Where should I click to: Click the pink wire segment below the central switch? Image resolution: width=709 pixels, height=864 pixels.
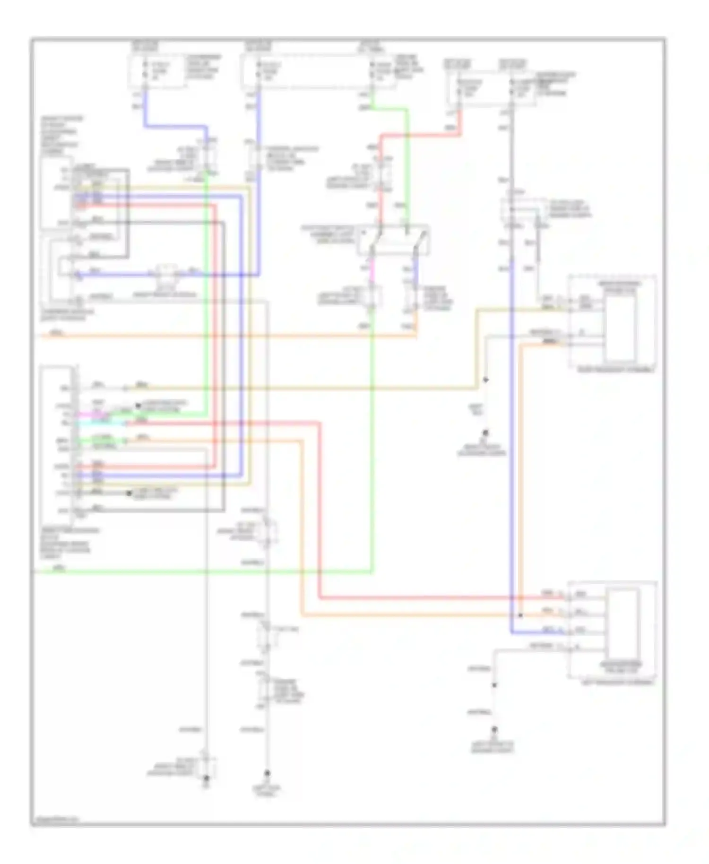(372, 269)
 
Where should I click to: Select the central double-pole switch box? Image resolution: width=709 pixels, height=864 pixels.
(394, 240)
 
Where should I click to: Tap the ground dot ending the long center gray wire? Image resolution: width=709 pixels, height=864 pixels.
(267, 773)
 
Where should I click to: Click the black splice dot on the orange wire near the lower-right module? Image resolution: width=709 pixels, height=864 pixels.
(520, 615)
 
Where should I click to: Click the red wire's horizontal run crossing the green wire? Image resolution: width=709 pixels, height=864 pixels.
(425, 135)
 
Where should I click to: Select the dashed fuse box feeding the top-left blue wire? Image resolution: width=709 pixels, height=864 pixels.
(157, 72)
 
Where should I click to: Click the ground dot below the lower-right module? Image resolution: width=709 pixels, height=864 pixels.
(494, 729)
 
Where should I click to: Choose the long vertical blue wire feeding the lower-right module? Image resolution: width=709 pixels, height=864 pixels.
(511, 425)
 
